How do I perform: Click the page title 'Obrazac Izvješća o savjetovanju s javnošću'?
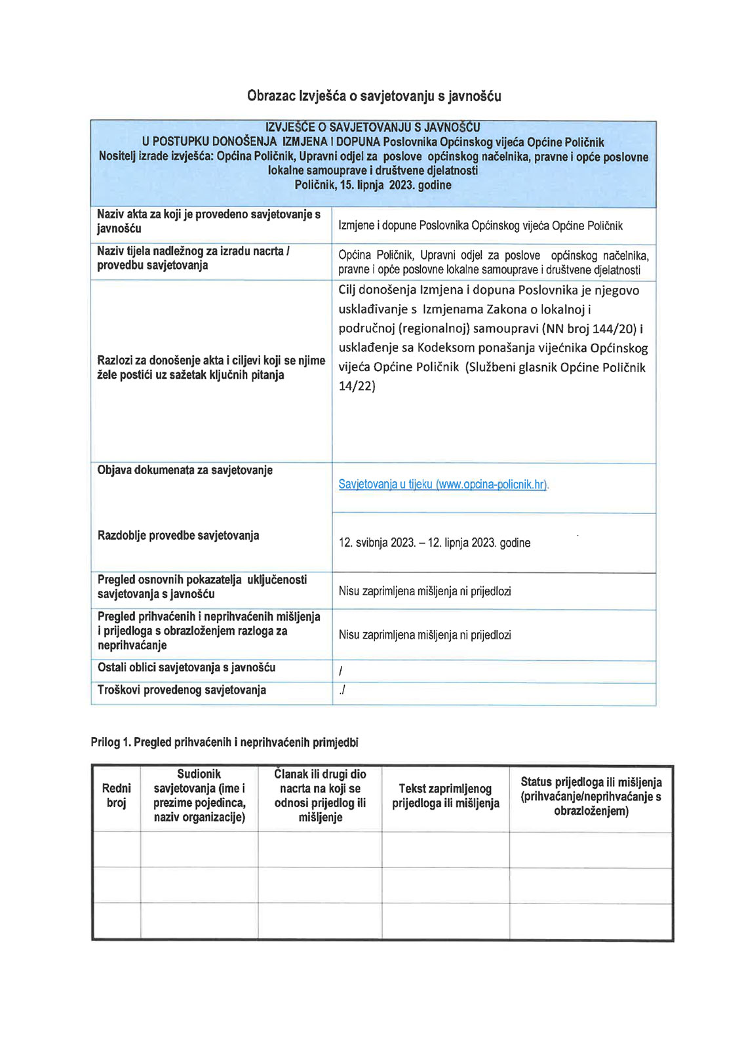(374, 96)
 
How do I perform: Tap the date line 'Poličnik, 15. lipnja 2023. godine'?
(373, 185)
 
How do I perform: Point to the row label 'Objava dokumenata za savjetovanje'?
(185, 470)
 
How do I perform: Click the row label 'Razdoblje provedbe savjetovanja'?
(178, 536)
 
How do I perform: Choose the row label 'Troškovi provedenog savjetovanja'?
(182, 690)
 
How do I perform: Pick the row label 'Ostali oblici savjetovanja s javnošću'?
(186, 667)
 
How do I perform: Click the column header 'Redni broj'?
(116, 795)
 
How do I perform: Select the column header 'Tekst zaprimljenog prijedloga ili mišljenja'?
(446, 796)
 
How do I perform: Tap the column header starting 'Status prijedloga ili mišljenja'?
(591, 797)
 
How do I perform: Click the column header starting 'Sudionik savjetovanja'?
(199, 795)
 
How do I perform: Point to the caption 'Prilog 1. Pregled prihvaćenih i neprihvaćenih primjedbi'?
(224, 742)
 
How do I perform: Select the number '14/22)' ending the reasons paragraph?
(357, 386)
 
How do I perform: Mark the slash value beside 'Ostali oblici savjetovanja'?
(341, 671)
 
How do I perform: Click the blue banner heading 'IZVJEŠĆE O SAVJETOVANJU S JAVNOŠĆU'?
(372, 127)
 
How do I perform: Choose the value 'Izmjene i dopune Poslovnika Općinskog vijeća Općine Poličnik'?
(480, 226)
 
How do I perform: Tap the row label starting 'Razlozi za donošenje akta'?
(211, 367)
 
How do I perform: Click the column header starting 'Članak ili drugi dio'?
(320, 795)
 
